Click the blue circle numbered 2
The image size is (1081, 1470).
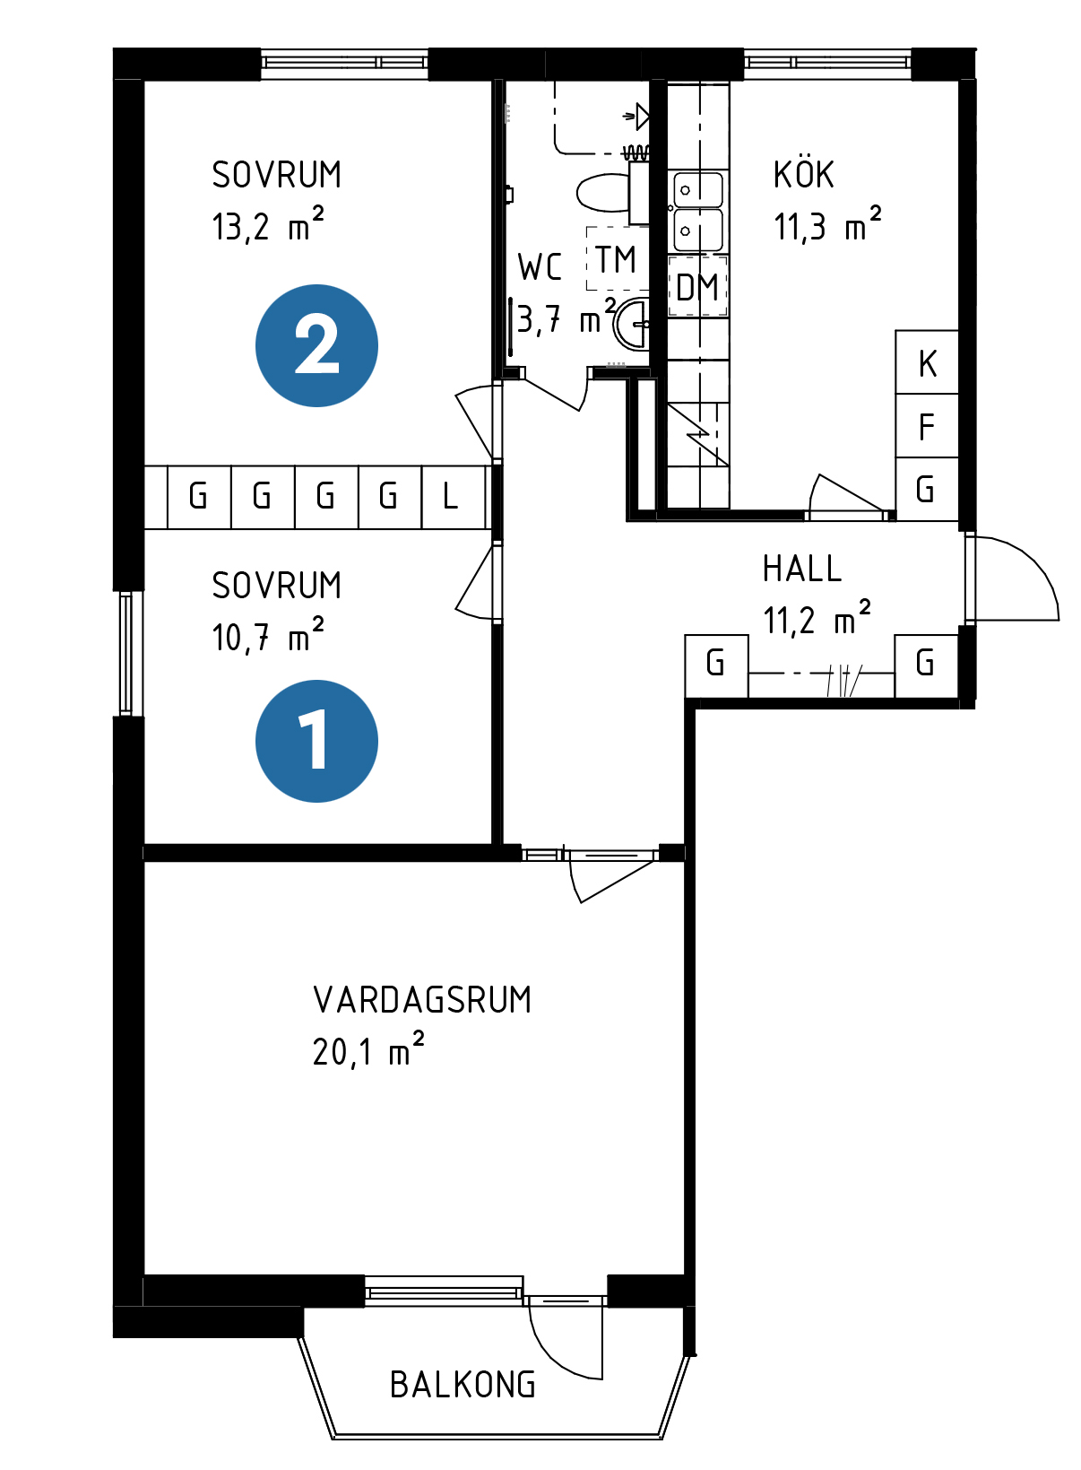(x=316, y=345)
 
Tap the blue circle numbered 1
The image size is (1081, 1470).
(x=316, y=741)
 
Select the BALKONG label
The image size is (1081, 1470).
(x=463, y=1386)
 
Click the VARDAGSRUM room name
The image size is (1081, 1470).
(x=422, y=1000)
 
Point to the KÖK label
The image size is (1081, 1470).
(x=804, y=175)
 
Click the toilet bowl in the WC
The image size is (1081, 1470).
(x=603, y=193)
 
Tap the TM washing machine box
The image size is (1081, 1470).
(x=617, y=260)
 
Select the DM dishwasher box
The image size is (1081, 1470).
(x=697, y=288)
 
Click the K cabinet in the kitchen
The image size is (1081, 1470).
(x=927, y=362)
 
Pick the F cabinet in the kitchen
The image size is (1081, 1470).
(x=927, y=426)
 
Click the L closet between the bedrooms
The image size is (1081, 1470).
(x=452, y=497)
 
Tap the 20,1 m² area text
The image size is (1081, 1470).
(x=368, y=1051)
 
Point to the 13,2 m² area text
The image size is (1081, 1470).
(x=267, y=227)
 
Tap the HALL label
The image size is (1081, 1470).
(x=802, y=569)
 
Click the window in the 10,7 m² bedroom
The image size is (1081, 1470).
(x=126, y=654)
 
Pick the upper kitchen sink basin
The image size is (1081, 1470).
(x=698, y=190)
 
